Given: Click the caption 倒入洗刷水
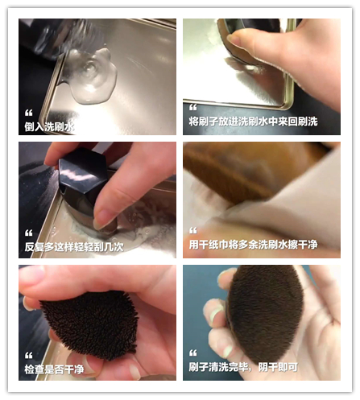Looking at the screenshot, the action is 49,126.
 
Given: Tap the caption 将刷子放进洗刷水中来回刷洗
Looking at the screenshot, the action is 253,122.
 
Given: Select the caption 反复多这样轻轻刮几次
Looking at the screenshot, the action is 74,247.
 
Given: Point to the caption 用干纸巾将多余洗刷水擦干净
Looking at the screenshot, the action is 253,245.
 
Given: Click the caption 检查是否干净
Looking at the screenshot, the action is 54,369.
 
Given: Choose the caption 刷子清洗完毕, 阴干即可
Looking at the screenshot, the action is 243,367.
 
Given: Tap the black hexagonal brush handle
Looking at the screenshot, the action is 79,171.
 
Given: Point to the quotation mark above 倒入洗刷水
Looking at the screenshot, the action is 28,113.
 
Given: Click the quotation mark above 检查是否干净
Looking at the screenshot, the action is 28,356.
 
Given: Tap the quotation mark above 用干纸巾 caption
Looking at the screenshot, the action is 193,230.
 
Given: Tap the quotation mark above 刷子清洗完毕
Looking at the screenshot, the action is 193,353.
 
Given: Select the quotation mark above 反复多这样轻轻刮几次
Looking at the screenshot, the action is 28,233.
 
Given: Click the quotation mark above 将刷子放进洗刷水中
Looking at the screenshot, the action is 193,107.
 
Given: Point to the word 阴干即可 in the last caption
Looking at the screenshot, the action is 278,367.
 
